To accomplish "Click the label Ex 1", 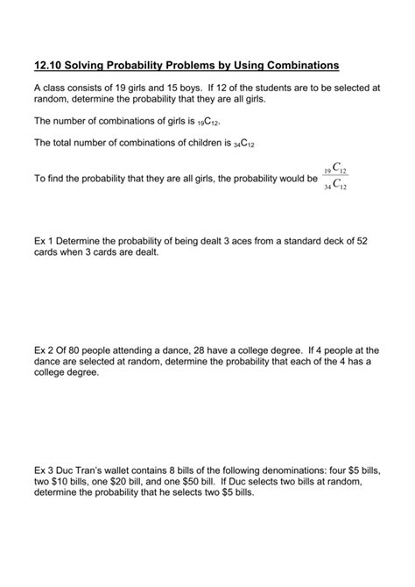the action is pyautogui.click(x=44, y=242).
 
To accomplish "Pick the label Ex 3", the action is pyautogui.click(x=44, y=471).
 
